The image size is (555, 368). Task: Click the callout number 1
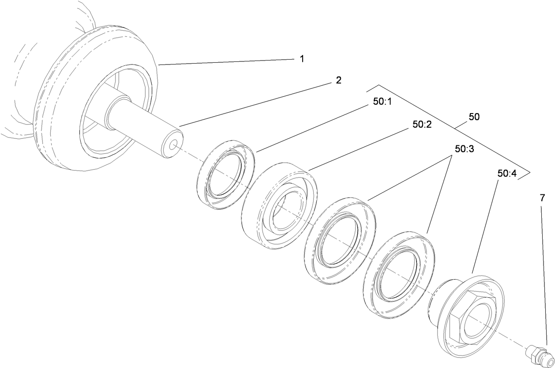pyautogui.click(x=302, y=59)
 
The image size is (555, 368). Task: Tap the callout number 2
pyautogui.click(x=338, y=80)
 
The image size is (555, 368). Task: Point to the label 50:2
pyautogui.click(x=422, y=125)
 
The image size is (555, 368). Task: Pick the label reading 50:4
pyautogui.click(x=507, y=174)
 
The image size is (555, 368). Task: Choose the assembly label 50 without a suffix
pyautogui.click(x=474, y=117)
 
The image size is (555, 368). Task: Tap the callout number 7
pyautogui.click(x=542, y=198)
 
